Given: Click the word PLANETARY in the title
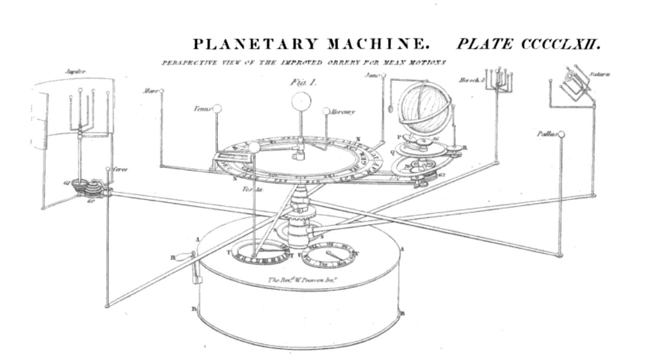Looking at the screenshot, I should pos(252,45).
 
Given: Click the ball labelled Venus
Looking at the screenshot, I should pos(217,108).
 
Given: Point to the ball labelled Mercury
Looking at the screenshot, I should pos(326,110).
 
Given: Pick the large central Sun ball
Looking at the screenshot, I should pos(301,100).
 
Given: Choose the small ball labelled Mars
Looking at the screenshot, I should pos(162,91).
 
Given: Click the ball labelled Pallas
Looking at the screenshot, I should pos(561,135).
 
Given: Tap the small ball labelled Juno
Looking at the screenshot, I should pos(383,76).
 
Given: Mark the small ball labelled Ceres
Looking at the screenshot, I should pos(108,169).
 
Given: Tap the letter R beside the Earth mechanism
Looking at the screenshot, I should pos(465,148).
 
